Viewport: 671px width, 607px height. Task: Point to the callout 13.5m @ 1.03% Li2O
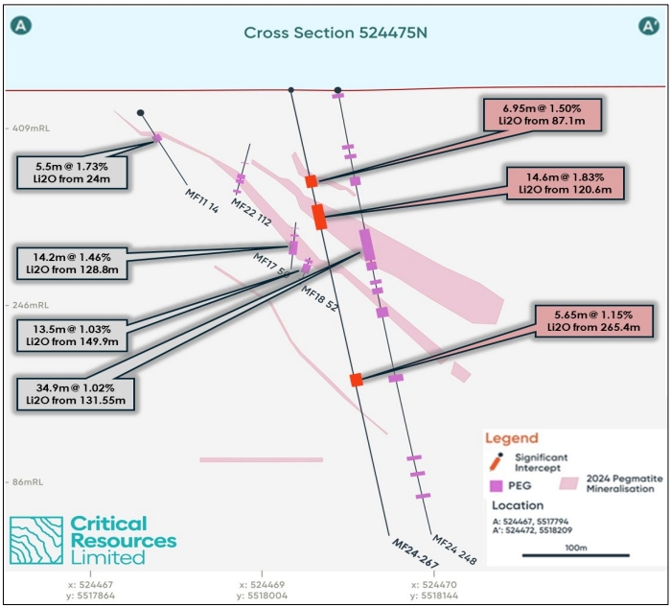point(73,333)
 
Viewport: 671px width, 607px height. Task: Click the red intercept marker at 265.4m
point(357,380)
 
